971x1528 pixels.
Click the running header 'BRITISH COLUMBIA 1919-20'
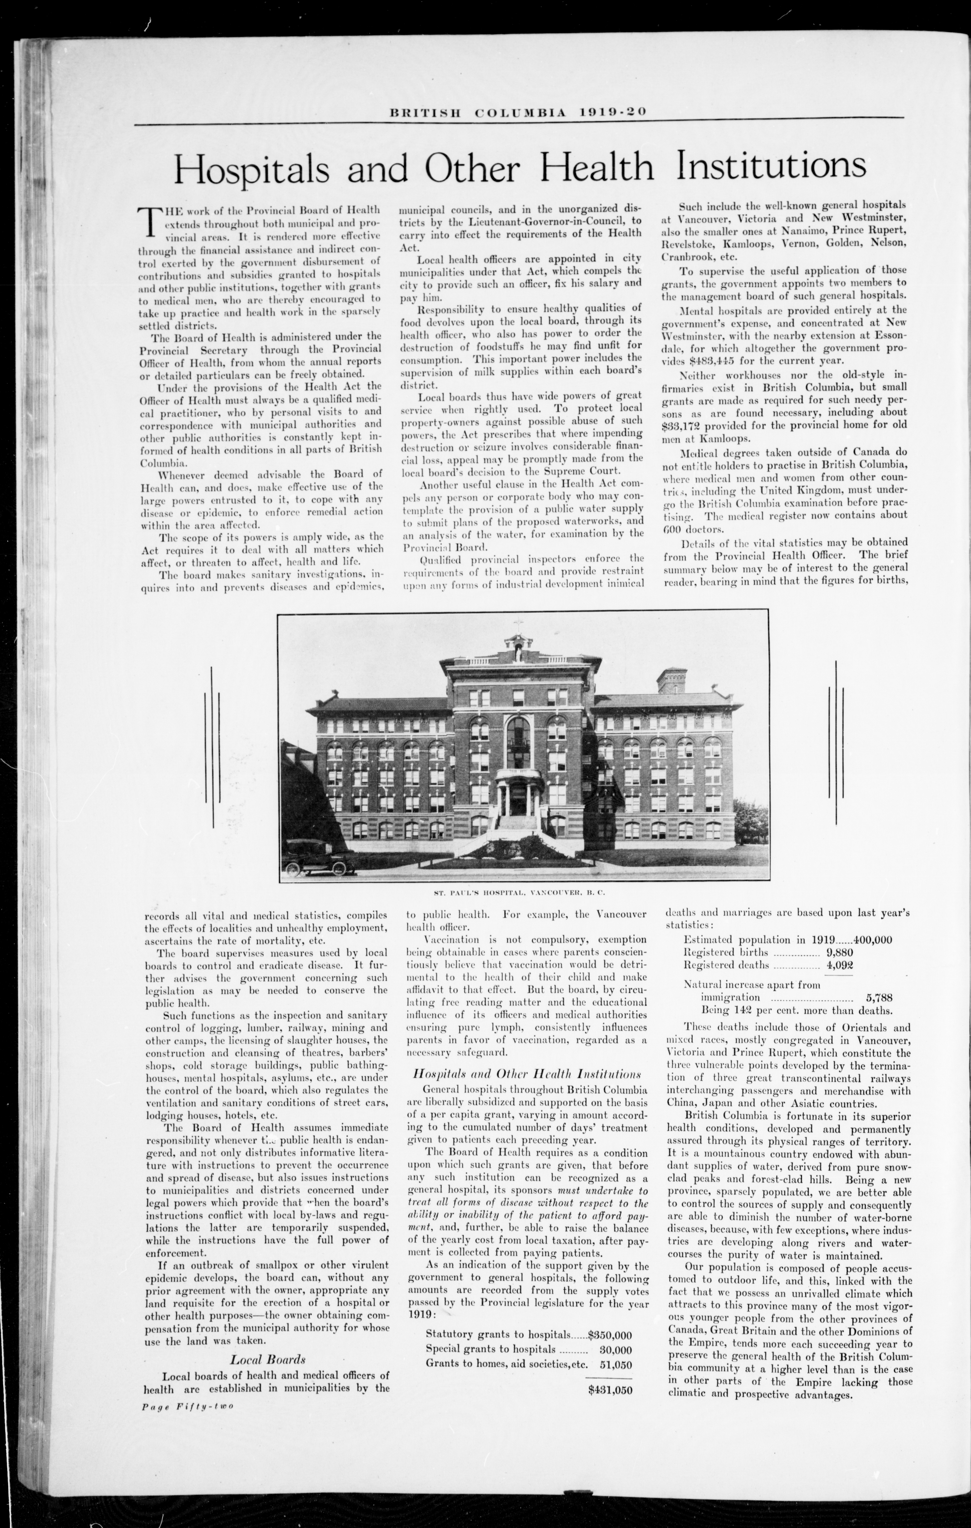(518, 112)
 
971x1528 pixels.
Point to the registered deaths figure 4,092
(839, 965)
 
